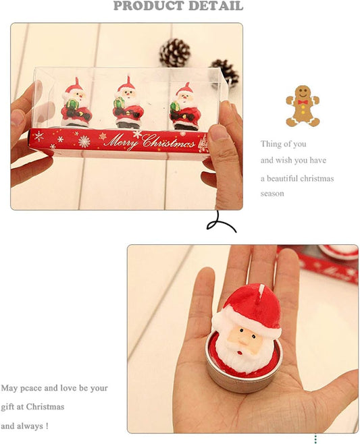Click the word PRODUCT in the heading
pos(145,6)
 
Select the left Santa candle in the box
pos(75,105)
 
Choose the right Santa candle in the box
pos(184,107)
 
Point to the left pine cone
pos(174,51)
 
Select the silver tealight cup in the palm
pos(243,381)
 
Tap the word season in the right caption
pos(273,194)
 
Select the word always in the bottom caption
pos(30,426)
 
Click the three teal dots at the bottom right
pos(315,439)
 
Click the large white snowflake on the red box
pos(84,142)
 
